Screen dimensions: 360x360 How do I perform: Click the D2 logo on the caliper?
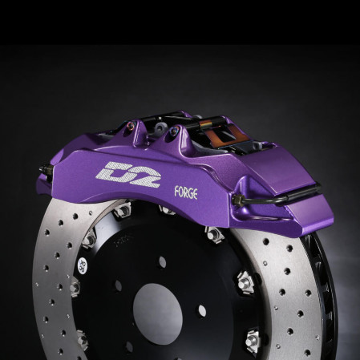pyautogui.click(x=117, y=171)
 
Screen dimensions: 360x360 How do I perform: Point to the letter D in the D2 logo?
pyautogui.click(x=107, y=171)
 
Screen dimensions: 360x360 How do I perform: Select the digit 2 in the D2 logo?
pyautogui.click(x=128, y=171)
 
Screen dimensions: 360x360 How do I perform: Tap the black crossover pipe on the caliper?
pyautogui.click(x=293, y=194)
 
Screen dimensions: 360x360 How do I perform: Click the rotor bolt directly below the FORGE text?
pyautogui.click(x=168, y=210)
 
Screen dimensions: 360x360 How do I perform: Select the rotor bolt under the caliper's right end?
pyautogui.click(x=214, y=234)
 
